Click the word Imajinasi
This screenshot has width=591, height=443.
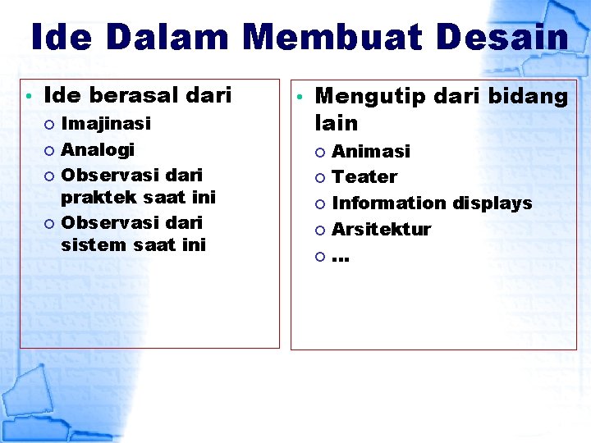(106, 125)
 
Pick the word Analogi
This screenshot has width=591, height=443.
(98, 150)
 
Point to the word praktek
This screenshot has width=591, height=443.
(98, 198)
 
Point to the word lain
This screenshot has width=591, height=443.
(337, 124)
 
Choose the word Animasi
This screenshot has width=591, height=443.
(370, 151)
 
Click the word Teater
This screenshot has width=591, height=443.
(364, 177)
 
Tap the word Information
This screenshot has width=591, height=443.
(389, 203)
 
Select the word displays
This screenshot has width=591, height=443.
(492, 203)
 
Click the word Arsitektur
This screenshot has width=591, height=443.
(381, 229)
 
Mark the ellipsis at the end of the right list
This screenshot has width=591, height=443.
(341, 258)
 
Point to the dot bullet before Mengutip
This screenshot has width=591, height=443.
(301, 98)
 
